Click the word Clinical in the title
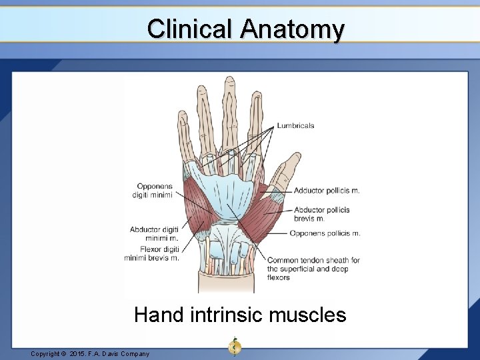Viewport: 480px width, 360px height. pos(191,29)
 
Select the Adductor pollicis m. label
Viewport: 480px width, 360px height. pos(326,191)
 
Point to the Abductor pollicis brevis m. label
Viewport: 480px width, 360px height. pos(321,214)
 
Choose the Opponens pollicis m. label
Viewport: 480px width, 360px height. pos(325,233)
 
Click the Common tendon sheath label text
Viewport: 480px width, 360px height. pos(313,269)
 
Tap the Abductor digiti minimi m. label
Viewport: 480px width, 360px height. pos(154,233)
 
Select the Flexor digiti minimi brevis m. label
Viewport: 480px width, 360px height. pos(151,254)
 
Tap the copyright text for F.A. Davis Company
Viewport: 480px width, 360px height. pos(90,353)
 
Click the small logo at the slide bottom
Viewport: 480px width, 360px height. pos(234,347)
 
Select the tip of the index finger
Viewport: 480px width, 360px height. pos(256,96)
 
